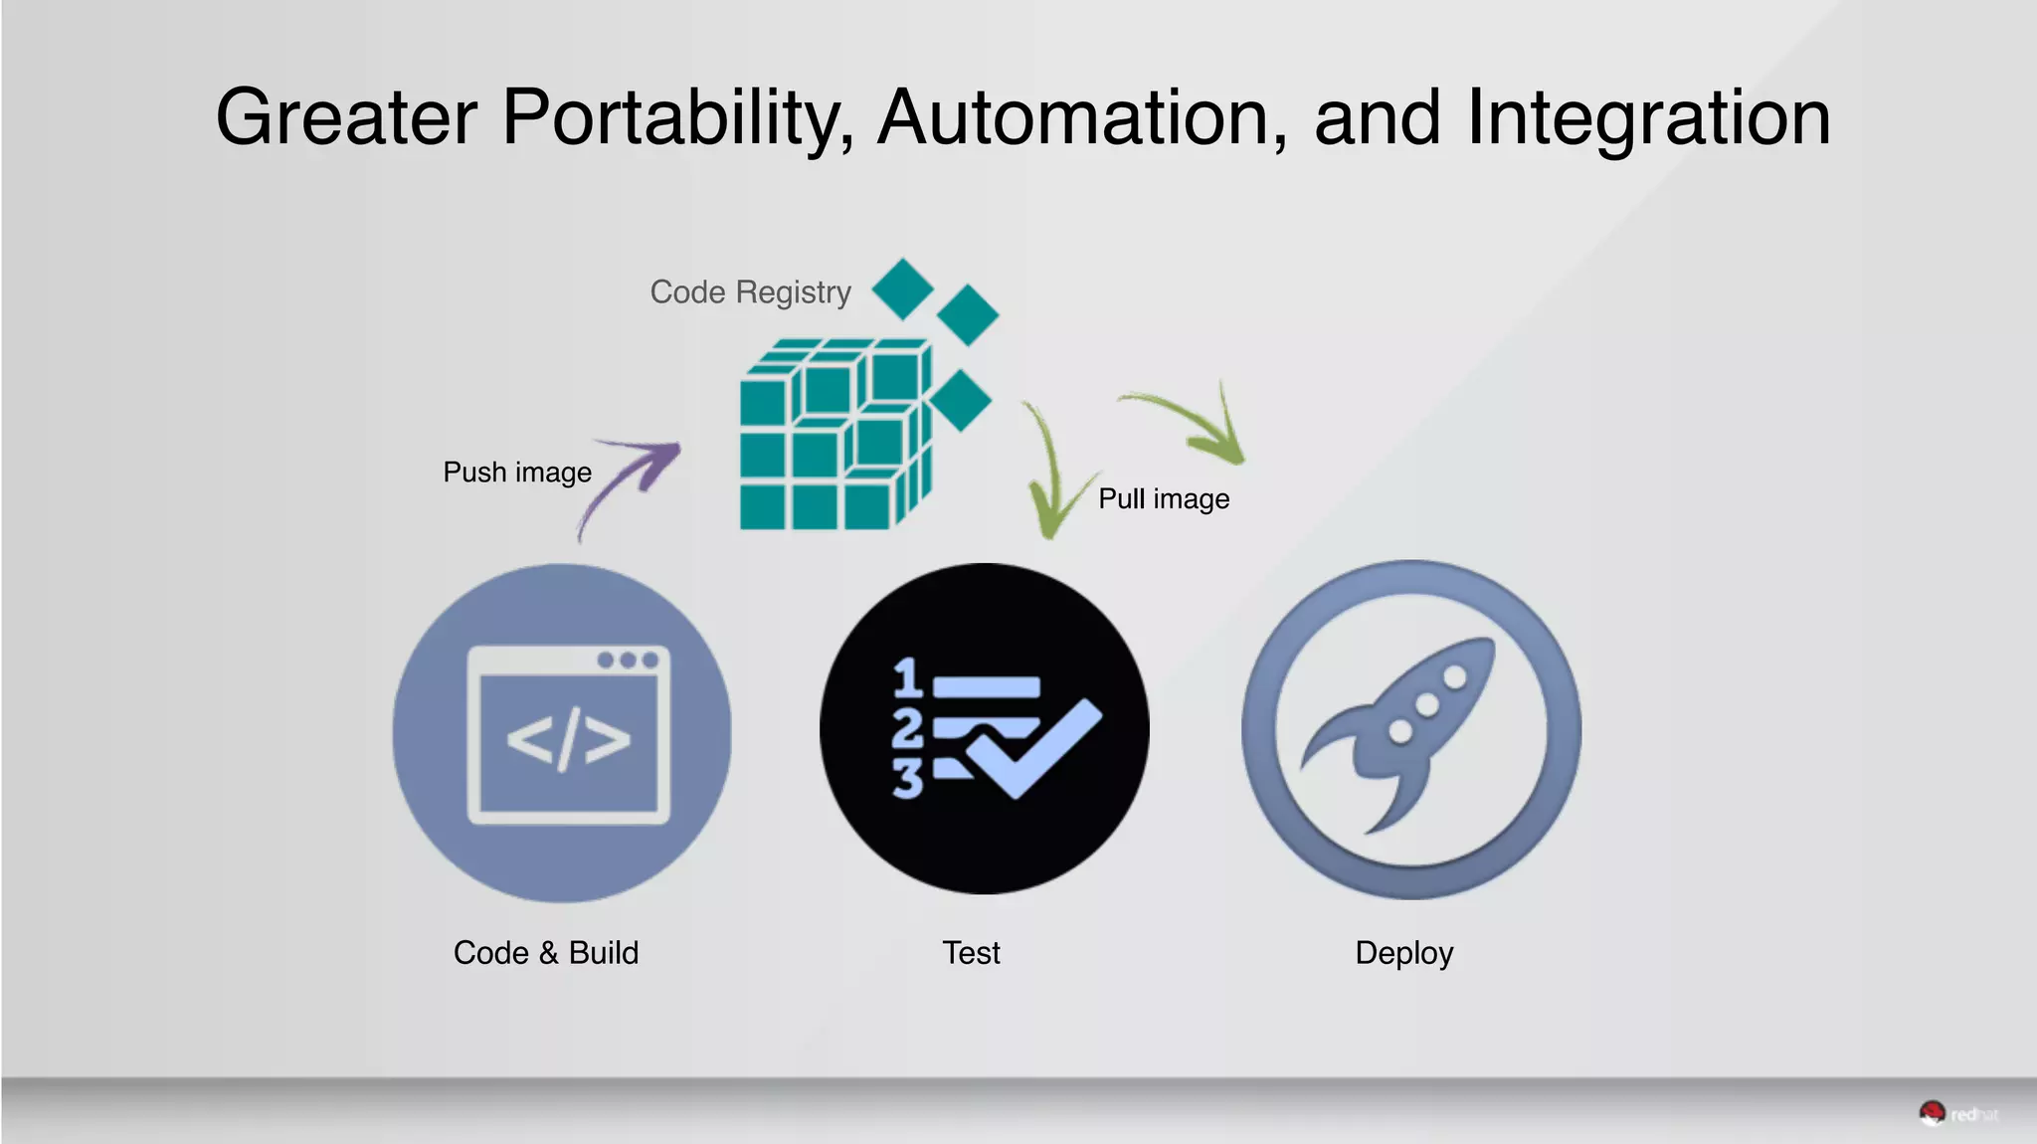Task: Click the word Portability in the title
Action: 676,119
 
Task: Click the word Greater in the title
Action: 346,117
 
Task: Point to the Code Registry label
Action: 750,292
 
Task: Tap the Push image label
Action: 517,472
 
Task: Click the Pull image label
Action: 1164,498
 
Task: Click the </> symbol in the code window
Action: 568,740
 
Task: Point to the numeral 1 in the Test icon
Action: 907,677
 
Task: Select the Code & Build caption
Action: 546,953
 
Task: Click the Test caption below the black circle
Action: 971,953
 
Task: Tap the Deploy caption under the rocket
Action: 1403,953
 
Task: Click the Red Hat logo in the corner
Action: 1956,1114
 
